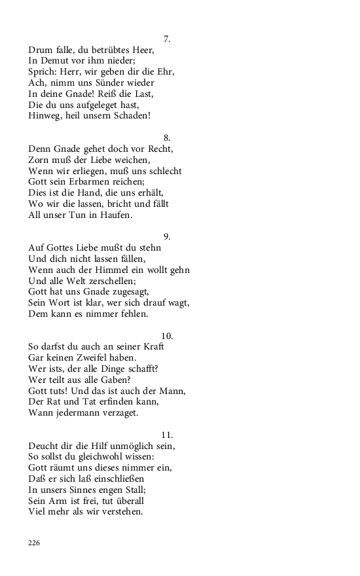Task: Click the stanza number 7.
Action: pyautogui.click(x=167, y=39)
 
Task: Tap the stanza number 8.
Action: pyautogui.click(x=167, y=137)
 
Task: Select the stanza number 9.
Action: pyautogui.click(x=167, y=236)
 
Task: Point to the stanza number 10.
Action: pyautogui.click(x=167, y=336)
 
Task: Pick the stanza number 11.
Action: pyautogui.click(x=167, y=435)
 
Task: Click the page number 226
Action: pyautogui.click(x=34, y=543)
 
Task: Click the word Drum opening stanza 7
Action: pyautogui.click(x=41, y=50)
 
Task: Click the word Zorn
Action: pyautogui.click(x=40, y=160)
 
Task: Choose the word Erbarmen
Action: pyautogui.click(x=93, y=182)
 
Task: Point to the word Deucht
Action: pyautogui.click(x=44, y=446)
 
